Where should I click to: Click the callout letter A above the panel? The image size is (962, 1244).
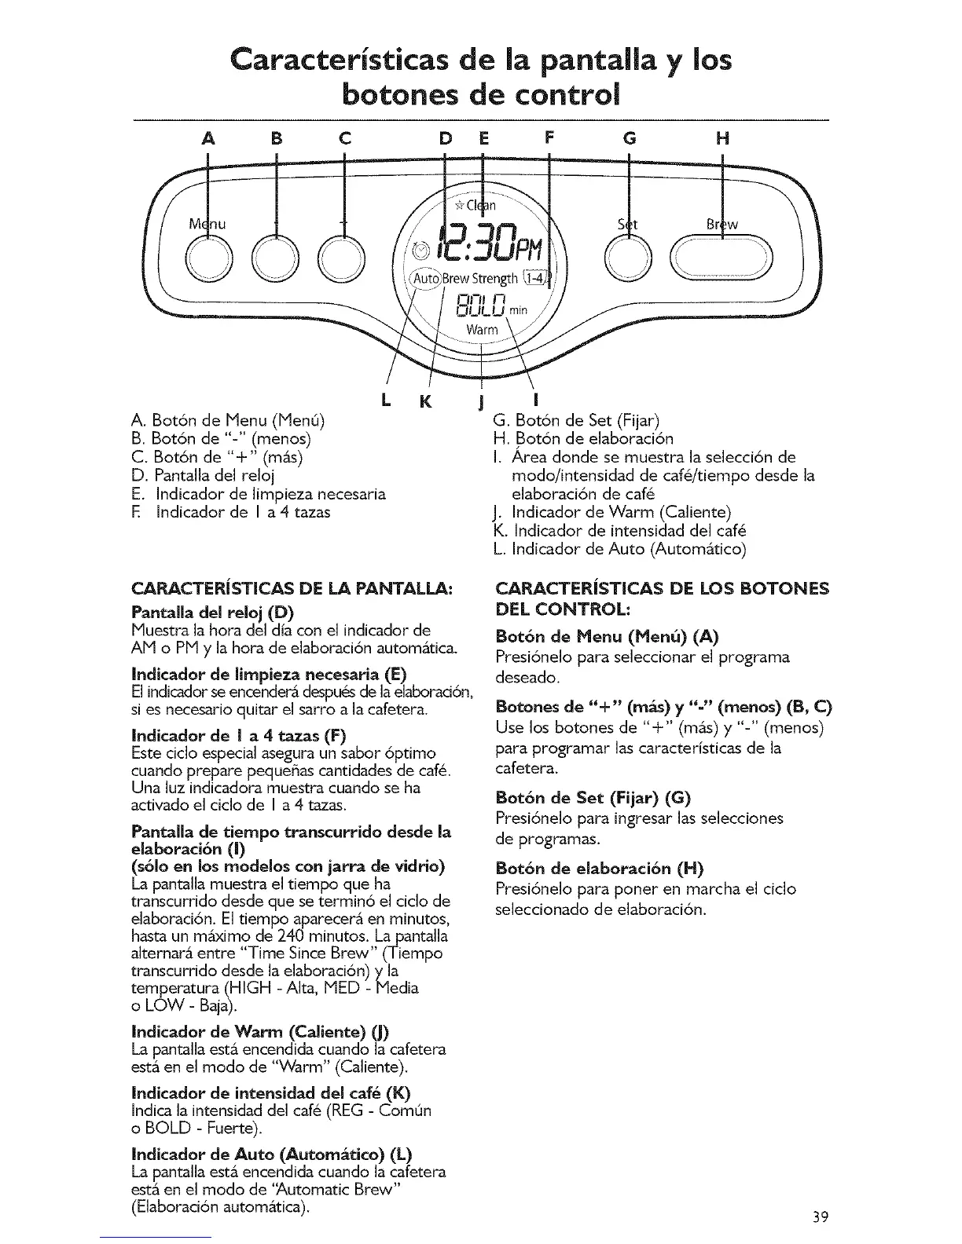tap(207, 140)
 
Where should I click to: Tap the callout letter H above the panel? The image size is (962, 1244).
tap(722, 140)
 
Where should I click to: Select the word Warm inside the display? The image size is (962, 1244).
tap(483, 329)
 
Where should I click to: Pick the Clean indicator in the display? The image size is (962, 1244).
tap(475, 207)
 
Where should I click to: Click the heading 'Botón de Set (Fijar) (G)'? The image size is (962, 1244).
tap(593, 799)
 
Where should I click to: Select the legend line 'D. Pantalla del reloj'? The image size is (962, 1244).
tap(205, 475)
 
